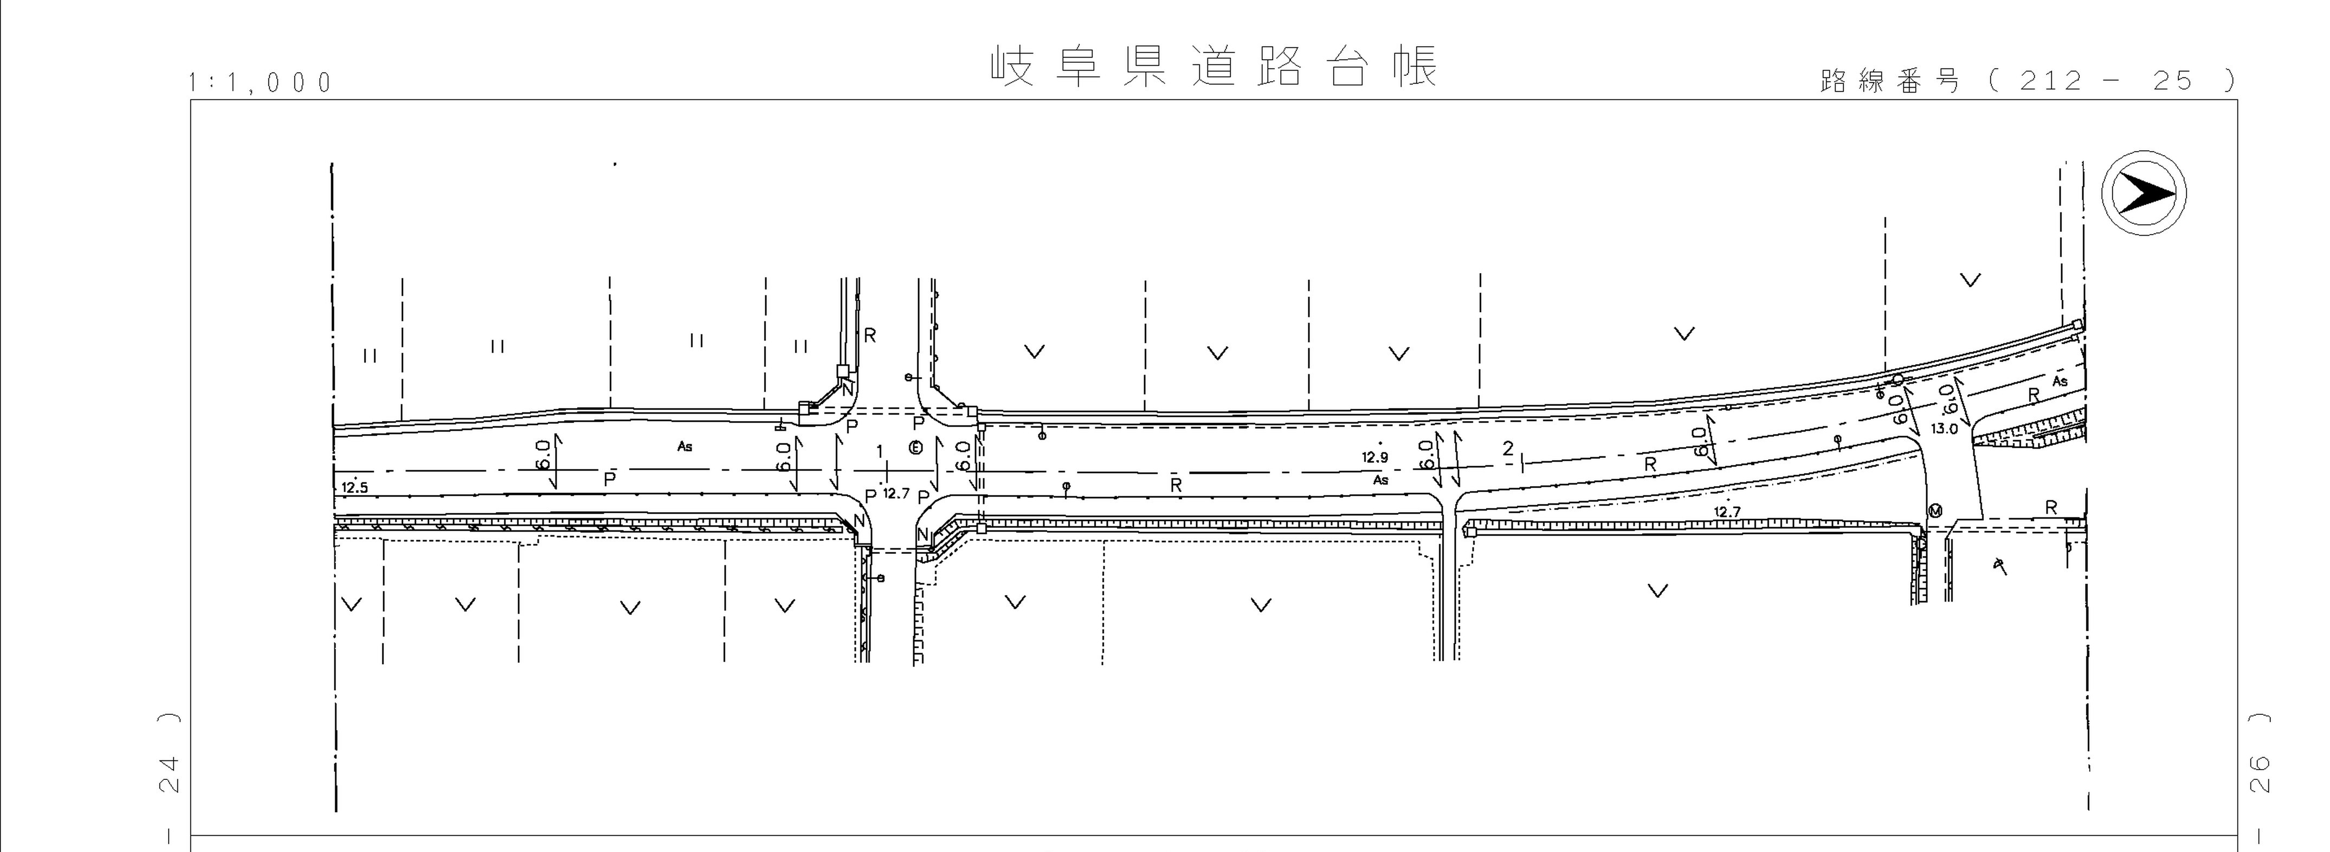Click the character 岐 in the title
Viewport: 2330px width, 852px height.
coord(1012,66)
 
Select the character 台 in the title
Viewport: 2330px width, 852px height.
coord(1348,66)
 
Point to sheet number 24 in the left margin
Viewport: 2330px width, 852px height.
coord(169,773)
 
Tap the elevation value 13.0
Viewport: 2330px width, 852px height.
coord(1944,429)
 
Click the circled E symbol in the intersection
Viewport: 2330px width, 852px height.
coord(915,448)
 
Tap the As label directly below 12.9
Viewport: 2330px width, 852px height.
coord(1380,480)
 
